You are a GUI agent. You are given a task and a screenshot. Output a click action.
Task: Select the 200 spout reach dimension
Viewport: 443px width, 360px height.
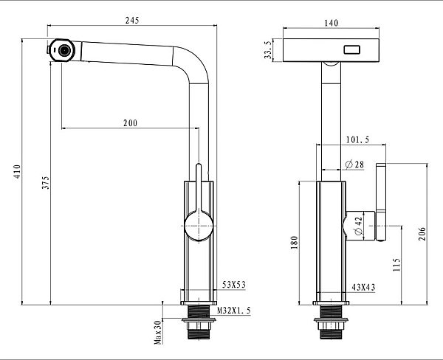coord(129,124)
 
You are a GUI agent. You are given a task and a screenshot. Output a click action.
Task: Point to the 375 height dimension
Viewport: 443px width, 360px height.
coord(45,184)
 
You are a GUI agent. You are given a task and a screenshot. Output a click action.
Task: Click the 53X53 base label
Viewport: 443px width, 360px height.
coord(234,285)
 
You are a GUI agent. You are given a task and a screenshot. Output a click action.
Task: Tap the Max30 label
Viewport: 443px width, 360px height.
coord(158,332)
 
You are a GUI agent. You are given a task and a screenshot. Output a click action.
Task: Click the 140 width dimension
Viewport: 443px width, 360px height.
coord(332,24)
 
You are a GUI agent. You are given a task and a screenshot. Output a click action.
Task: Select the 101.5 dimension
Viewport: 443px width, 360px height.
coord(357,139)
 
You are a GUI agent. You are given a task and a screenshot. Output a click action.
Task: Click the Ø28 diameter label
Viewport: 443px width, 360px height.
coord(354,165)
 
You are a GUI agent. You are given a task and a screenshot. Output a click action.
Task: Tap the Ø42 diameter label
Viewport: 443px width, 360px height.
coord(358,226)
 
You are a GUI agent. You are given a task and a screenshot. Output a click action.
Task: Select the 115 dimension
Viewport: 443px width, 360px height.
coord(396,263)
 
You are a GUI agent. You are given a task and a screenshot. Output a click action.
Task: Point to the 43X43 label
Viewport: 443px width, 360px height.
coord(363,285)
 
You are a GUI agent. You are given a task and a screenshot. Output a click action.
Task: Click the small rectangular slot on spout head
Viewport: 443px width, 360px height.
coord(350,51)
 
